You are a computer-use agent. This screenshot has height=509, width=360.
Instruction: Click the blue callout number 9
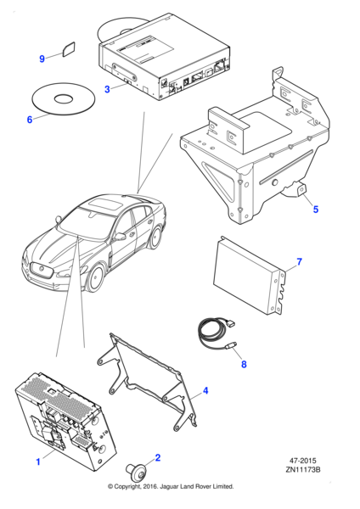[42, 59]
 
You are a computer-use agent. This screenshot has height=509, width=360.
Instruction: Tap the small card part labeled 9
[69, 48]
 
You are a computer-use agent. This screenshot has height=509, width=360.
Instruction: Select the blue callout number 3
[107, 89]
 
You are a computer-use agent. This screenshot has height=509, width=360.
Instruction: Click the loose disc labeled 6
[64, 98]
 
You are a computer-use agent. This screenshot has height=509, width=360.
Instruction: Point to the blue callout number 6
[30, 120]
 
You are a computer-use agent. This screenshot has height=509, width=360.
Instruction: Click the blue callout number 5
[316, 210]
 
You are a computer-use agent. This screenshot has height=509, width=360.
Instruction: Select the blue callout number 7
[299, 261]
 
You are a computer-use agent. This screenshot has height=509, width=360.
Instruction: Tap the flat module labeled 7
[250, 276]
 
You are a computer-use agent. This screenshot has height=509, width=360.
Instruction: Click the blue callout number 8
[244, 364]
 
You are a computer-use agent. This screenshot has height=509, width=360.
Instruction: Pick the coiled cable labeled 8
[216, 334]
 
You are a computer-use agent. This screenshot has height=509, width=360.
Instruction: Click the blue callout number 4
[205, 390]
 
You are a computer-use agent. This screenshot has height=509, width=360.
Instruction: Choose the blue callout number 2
[158, 458]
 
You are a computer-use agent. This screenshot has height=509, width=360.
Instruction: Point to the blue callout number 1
[38, 461]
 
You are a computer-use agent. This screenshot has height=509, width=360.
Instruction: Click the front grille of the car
[41, 270]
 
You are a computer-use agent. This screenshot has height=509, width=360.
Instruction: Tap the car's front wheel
[96, 278]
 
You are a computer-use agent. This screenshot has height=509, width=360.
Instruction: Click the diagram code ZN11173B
[303, 469]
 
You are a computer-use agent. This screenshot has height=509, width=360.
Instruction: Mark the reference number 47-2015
[302, 461]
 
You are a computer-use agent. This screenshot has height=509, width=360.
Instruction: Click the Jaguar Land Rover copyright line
[171, 487]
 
